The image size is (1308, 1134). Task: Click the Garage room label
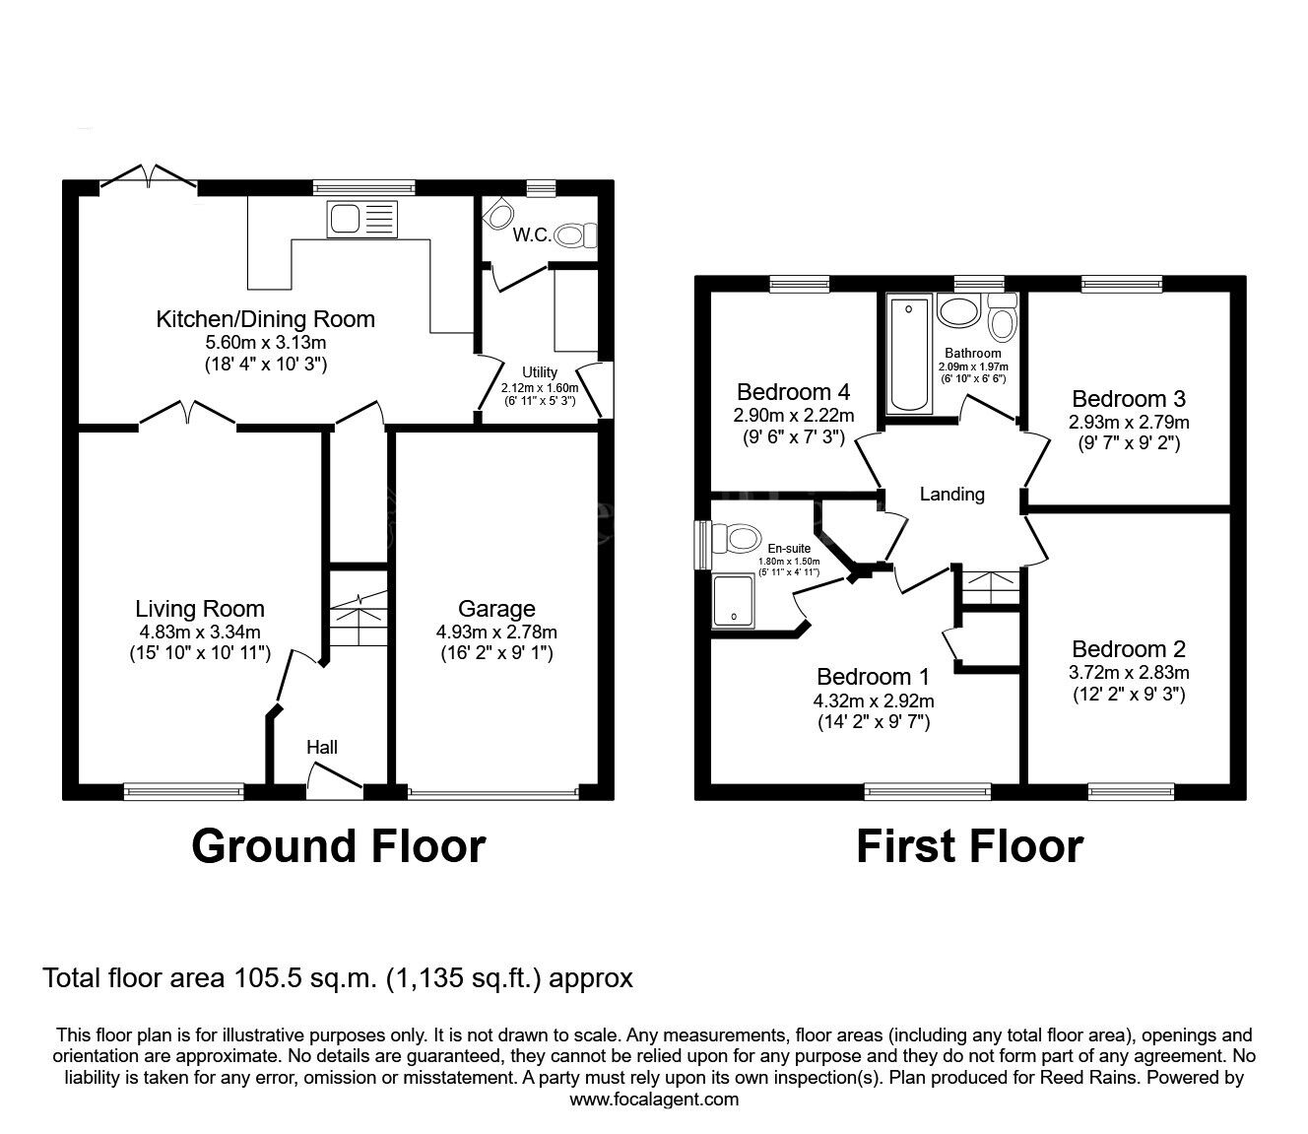pos(496,609)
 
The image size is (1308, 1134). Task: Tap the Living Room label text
pos(200,609)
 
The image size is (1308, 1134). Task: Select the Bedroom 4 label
pos(793,391)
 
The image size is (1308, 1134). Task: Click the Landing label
pos(951,495)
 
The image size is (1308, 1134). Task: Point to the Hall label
pos(322,748)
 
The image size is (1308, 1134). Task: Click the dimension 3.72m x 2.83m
pos(1129,673)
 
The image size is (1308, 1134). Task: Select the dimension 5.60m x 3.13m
pos(265,342)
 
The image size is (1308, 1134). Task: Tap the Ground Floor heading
pos(338,846)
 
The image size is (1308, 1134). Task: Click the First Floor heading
pos(969,846)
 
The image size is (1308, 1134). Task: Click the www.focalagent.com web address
pos(654,1100)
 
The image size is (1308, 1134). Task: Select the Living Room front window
pos(184,790)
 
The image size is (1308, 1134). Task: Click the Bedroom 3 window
pos(1121,285)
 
